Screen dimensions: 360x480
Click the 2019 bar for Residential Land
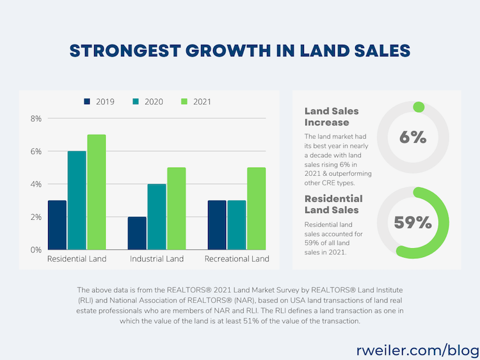pyautogui.click(x=57, y=225)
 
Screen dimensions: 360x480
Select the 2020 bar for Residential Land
pyautogui.click(x=77, y=200)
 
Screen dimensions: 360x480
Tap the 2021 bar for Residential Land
pyautogui.click(x=97, y=192)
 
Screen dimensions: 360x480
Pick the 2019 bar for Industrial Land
pyautogui.click(x=137, y=233)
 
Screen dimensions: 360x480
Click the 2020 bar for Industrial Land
pyautogui.click(x=157, y=217)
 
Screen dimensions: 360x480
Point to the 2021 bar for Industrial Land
pyautogui.click(x=176, y=208)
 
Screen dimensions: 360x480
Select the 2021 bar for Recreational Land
pyautogui.click(x=256, y=208)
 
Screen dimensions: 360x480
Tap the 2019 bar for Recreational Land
pyautogui.click(x=217, y=225)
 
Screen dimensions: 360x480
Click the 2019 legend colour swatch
pyautogui.click(x=88, y=101)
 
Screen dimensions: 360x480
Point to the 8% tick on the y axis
pyautogui.click(x=35, y=118)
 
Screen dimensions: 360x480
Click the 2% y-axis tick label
pyautogui.click(x=35, y=217)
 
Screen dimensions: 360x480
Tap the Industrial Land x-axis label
pyautogui.click(x=156, y=259)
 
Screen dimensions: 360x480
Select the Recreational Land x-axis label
pyautogui.click(x=237, y=259)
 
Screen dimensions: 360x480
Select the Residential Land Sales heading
pyautogui.click(x=333, y=204)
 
